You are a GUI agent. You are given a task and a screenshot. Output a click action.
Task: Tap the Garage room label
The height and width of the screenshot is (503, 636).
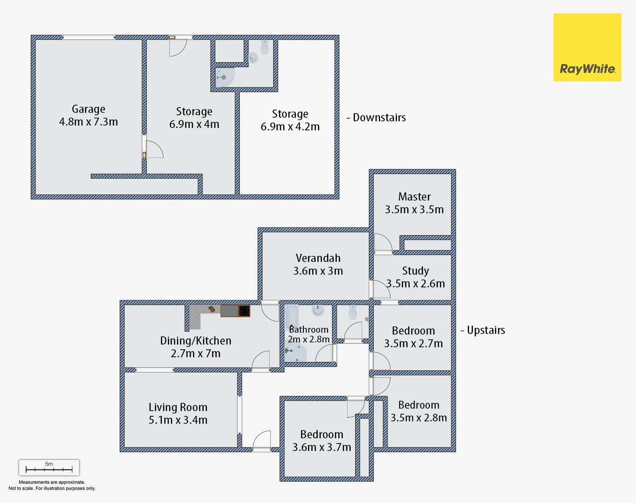(x=89, y=109)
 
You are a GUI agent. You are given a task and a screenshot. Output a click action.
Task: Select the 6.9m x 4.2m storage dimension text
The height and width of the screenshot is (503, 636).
(x=290, y=127)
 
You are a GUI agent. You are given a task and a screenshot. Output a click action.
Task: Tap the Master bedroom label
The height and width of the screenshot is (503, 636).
(x=414, y=197)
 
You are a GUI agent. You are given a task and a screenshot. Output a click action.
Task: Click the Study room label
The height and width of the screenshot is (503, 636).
(x=415, y=271)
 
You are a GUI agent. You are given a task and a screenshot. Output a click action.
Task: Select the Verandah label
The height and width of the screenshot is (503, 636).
(x=318, y=258)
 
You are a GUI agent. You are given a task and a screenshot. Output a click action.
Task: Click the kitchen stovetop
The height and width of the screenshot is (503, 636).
(x=244, y=311)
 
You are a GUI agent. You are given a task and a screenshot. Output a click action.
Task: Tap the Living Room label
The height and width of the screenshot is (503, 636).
(x=178, y=407)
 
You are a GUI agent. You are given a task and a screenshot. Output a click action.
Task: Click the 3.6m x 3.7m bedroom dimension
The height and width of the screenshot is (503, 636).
(x=321, y=447)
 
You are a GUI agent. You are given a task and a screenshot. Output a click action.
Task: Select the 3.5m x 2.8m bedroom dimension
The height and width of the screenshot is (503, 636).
(x=418, y=418)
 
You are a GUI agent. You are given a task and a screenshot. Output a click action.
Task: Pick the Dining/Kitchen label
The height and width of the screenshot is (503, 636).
(x=196, y=340)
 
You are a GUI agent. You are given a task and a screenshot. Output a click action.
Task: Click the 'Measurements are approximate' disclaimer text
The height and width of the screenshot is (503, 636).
(x=52, y=482)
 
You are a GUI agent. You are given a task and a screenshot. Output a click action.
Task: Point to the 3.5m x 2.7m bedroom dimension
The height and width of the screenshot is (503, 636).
(x=413, y=343)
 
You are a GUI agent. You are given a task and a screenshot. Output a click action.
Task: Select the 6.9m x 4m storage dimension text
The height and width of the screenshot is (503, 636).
(x=194, y=124)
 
